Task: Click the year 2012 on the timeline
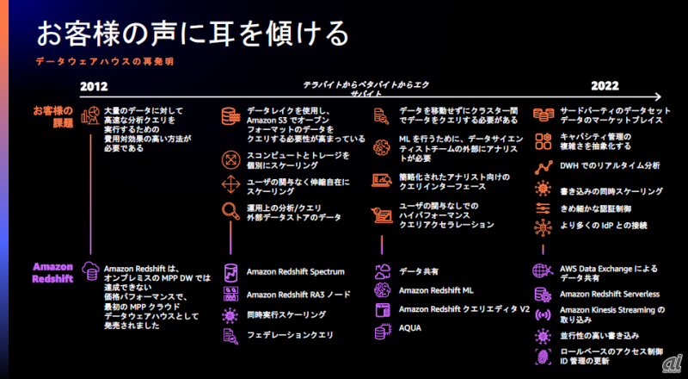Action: (95, 87)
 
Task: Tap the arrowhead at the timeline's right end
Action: (658, 97)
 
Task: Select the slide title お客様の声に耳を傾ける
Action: (193, 34)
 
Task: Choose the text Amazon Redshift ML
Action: (437, 291)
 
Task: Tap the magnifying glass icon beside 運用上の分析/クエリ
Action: (231, 211)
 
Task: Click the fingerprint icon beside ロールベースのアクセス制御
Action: (543, 357)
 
